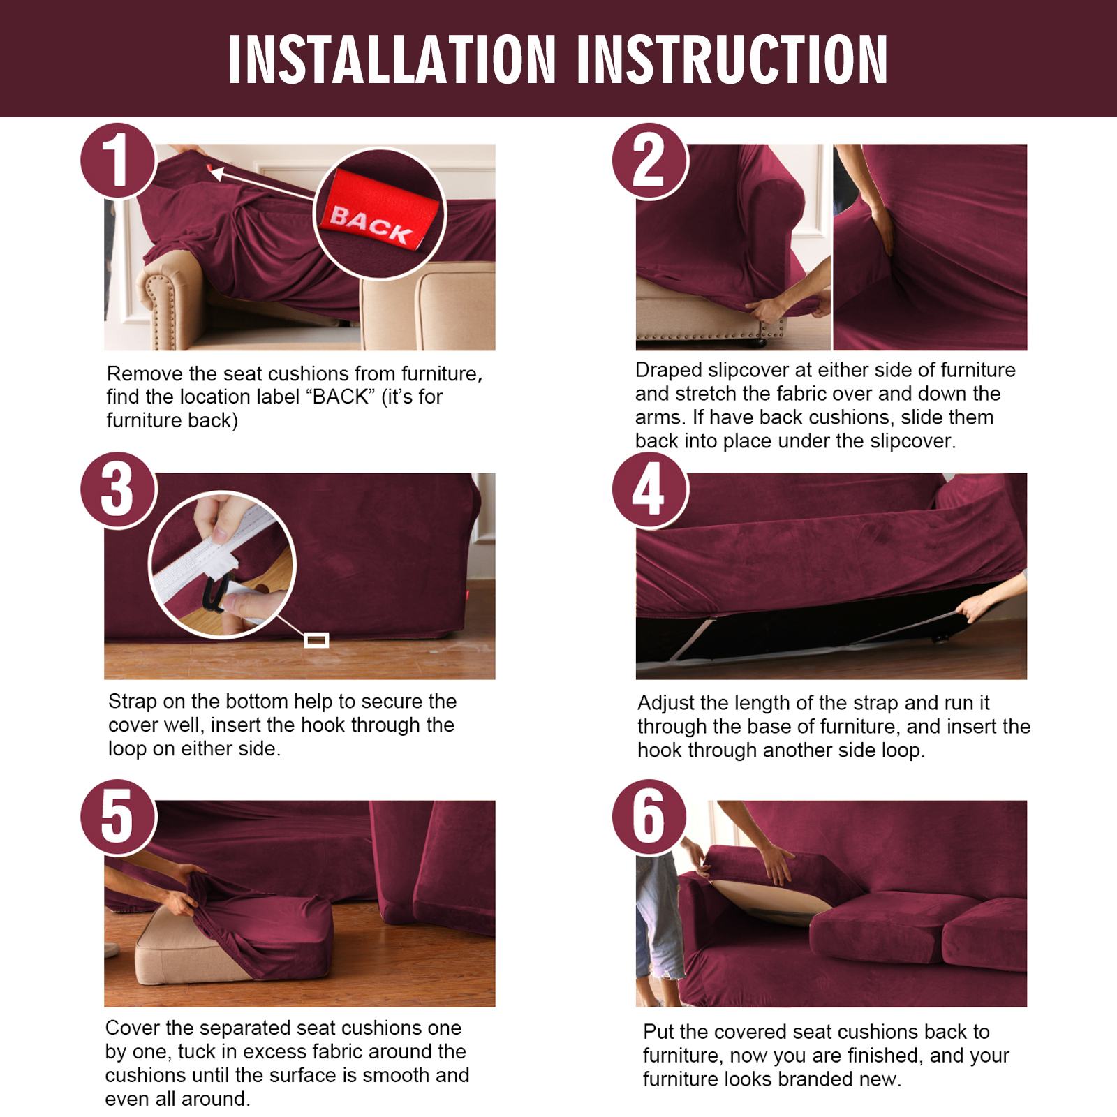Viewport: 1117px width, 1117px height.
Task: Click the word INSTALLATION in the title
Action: coord(392,59)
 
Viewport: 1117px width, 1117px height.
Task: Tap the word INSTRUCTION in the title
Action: coord(732,59)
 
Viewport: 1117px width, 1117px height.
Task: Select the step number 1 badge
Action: coord(118,161)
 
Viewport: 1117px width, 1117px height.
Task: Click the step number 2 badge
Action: coord(650,161)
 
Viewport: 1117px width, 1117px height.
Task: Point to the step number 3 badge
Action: coord(118,489)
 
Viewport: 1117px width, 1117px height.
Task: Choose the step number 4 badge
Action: coord(650,489)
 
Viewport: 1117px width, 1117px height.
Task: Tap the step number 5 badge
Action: coord(118,817)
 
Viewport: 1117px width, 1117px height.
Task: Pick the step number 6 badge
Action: coord(650,817)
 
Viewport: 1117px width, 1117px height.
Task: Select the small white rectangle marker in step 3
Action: coord(316,640)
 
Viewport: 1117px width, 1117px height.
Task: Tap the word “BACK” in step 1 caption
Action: coord(340,397)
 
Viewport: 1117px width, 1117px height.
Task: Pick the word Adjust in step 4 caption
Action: coord(666,703)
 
